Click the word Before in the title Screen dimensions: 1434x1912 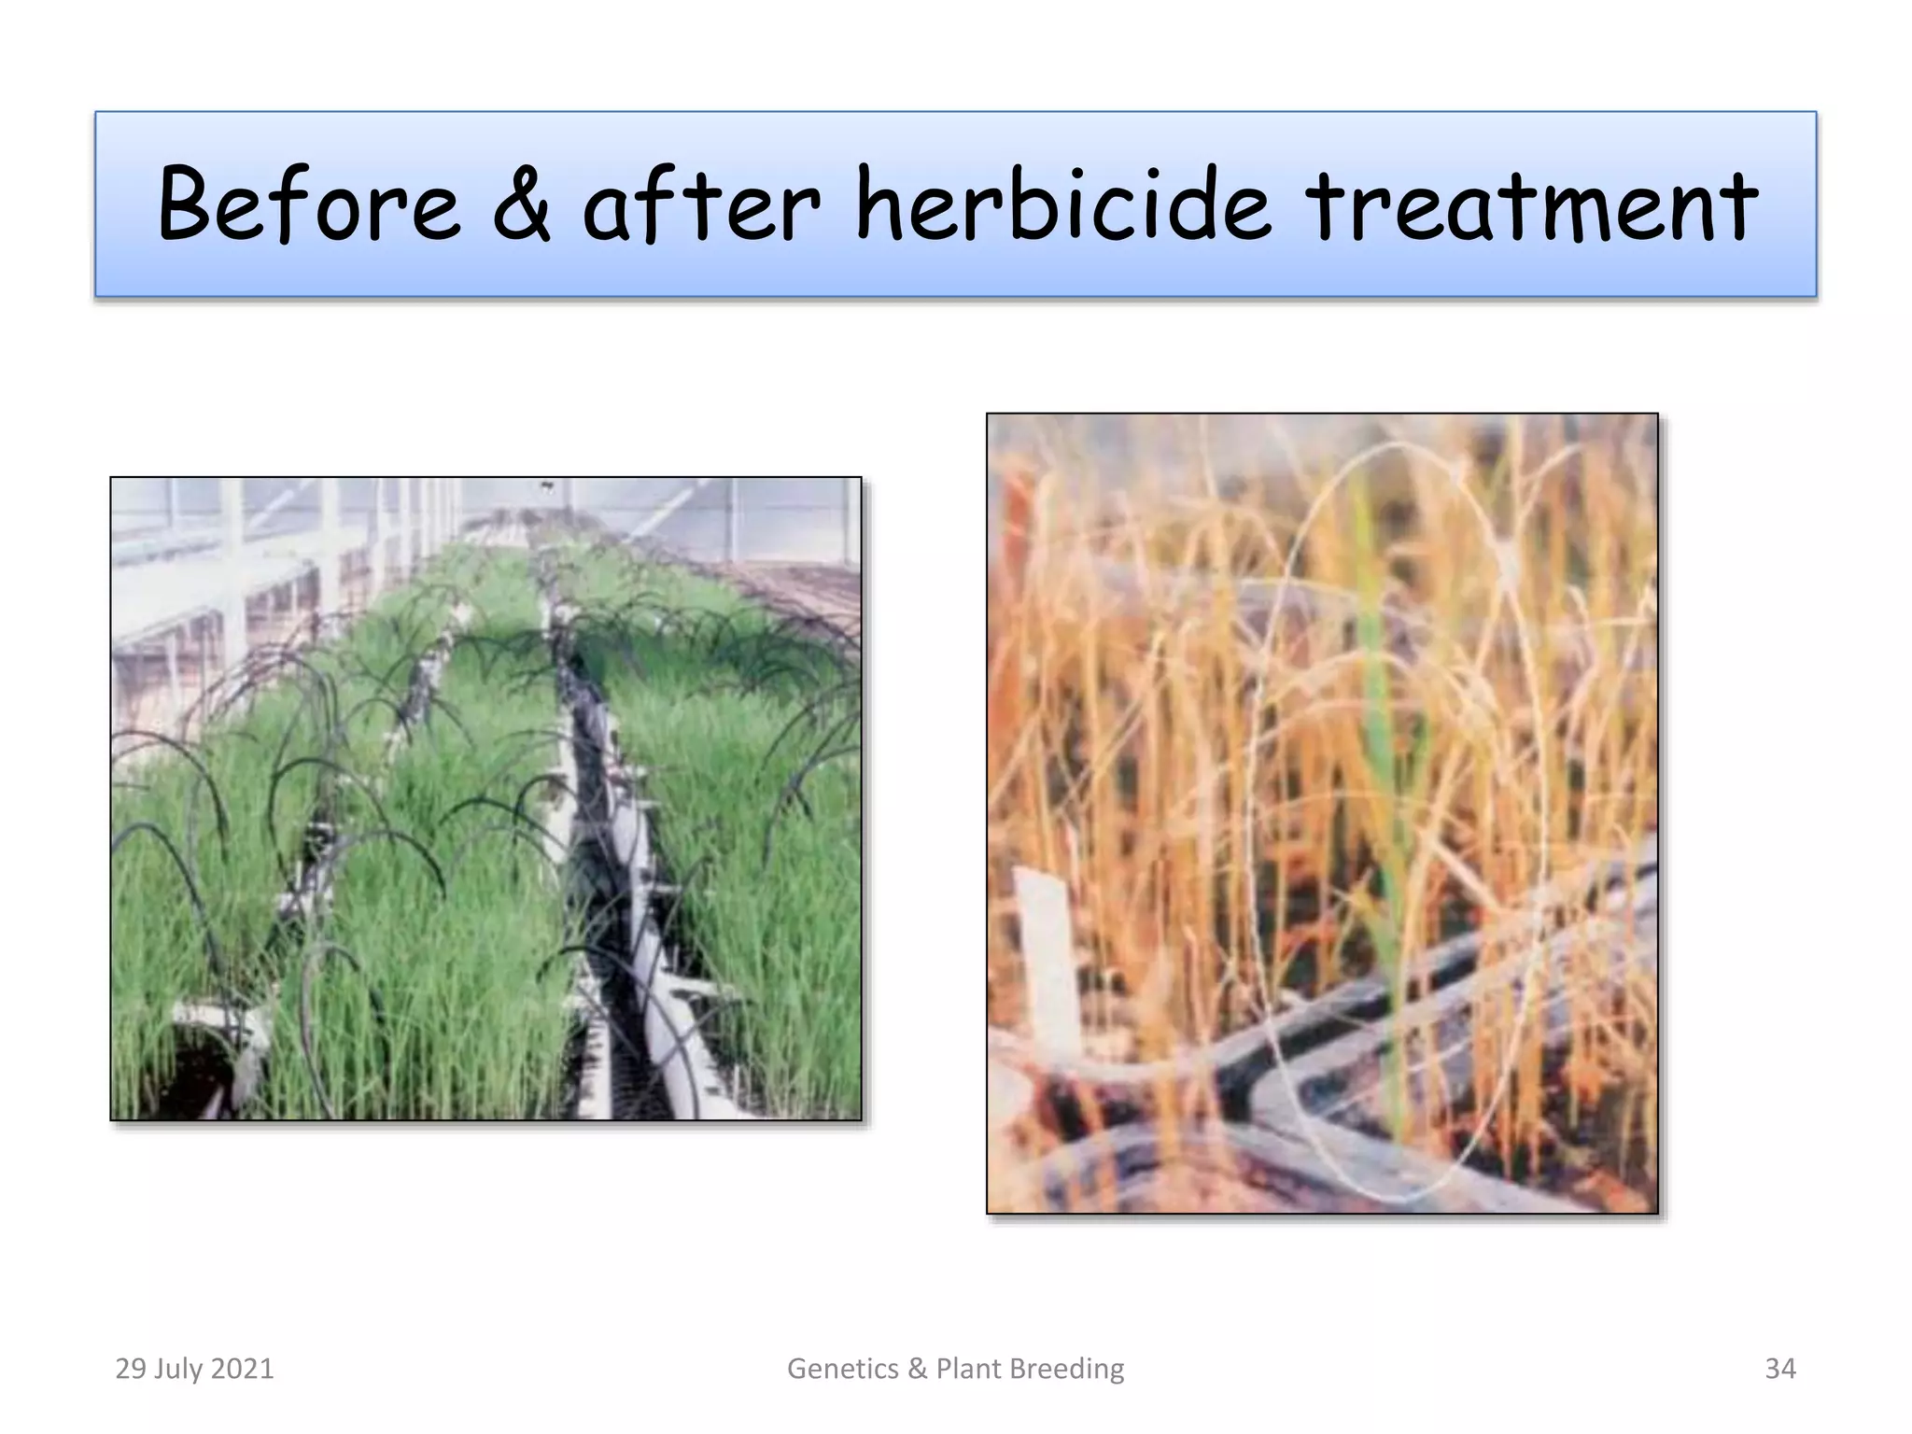[x=309, y=204]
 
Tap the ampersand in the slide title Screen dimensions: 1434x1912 [x=522, y=204]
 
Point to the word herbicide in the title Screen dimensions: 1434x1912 [x=1063, y=204]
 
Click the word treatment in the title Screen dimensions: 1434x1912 [x=1531, y=204]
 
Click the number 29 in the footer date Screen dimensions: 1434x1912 [x=131, y=1369]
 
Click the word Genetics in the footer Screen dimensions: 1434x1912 [x=843, y=1369]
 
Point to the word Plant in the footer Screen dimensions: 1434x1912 [x=968, y=1369]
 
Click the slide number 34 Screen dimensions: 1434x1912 [x=1779, y=1369]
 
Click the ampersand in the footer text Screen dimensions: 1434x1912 [x=918, y=1369]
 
